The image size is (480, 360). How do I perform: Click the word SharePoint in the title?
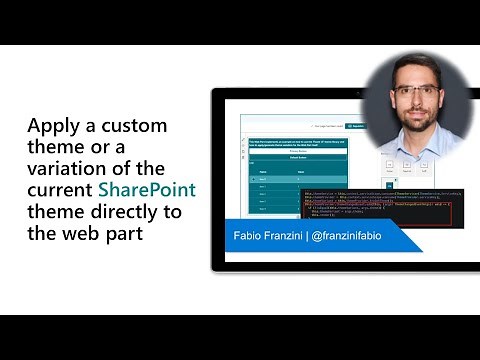coord(147,190)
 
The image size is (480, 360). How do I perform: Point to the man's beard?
coord(416,121)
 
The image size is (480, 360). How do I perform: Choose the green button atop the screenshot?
coord(356,127)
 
